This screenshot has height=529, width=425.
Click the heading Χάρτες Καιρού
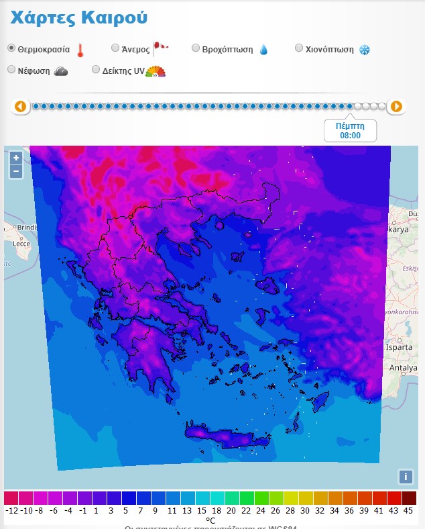pyautogui.click(x=79, y=18)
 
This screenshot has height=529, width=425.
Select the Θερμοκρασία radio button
pyautogui.click(x=11, y=48)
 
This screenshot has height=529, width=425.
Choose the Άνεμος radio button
pyautogui.click(x=115, y=48)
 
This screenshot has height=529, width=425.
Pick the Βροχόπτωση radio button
pyautogui.click(x=196, y=48)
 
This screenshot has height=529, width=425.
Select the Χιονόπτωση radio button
pyautogui.click(x=300, y=48)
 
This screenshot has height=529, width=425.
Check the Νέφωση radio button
pyautogui.click(x=11, y=69)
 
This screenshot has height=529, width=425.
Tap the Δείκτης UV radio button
pyautogui.click(x=96, y=69)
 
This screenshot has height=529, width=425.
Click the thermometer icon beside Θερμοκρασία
pyautogui.click(x=80, y=50)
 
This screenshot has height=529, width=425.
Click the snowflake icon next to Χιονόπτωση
pyautogui.click(x=365, y=50)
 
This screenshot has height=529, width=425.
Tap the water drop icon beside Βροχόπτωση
pyautogui.click(x=263, y=50)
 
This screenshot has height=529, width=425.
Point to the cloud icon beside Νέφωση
pyautogui.click(x=61, y=70)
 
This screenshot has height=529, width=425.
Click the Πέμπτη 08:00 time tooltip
pyautogui.click(x=350, y=130)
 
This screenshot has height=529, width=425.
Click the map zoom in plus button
pyautogui.click(x=16, y=158)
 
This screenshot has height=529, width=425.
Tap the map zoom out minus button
pyautogui.click(x=16, y=171)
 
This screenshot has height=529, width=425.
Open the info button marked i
pyautogui.click(x=405, y=477)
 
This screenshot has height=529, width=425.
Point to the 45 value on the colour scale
pyautogui.click(x=409, y=510)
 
